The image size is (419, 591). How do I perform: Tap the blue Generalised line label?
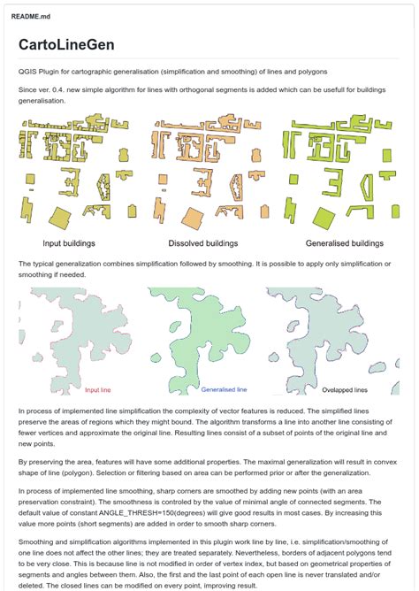(224, 388)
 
